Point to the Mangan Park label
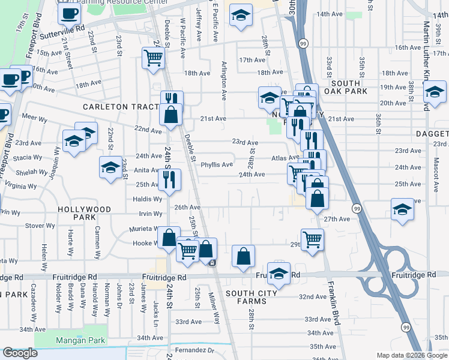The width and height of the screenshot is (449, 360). coord(80,341)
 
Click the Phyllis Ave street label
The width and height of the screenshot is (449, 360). coord(216,165)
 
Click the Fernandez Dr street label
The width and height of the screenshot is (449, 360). coord(194,350)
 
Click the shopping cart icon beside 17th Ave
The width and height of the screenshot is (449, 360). coord(153,58)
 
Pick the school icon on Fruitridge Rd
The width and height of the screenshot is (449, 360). coord(279,274)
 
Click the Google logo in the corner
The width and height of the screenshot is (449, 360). coord(20,353)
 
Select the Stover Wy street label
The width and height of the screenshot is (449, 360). coord(41,226)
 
